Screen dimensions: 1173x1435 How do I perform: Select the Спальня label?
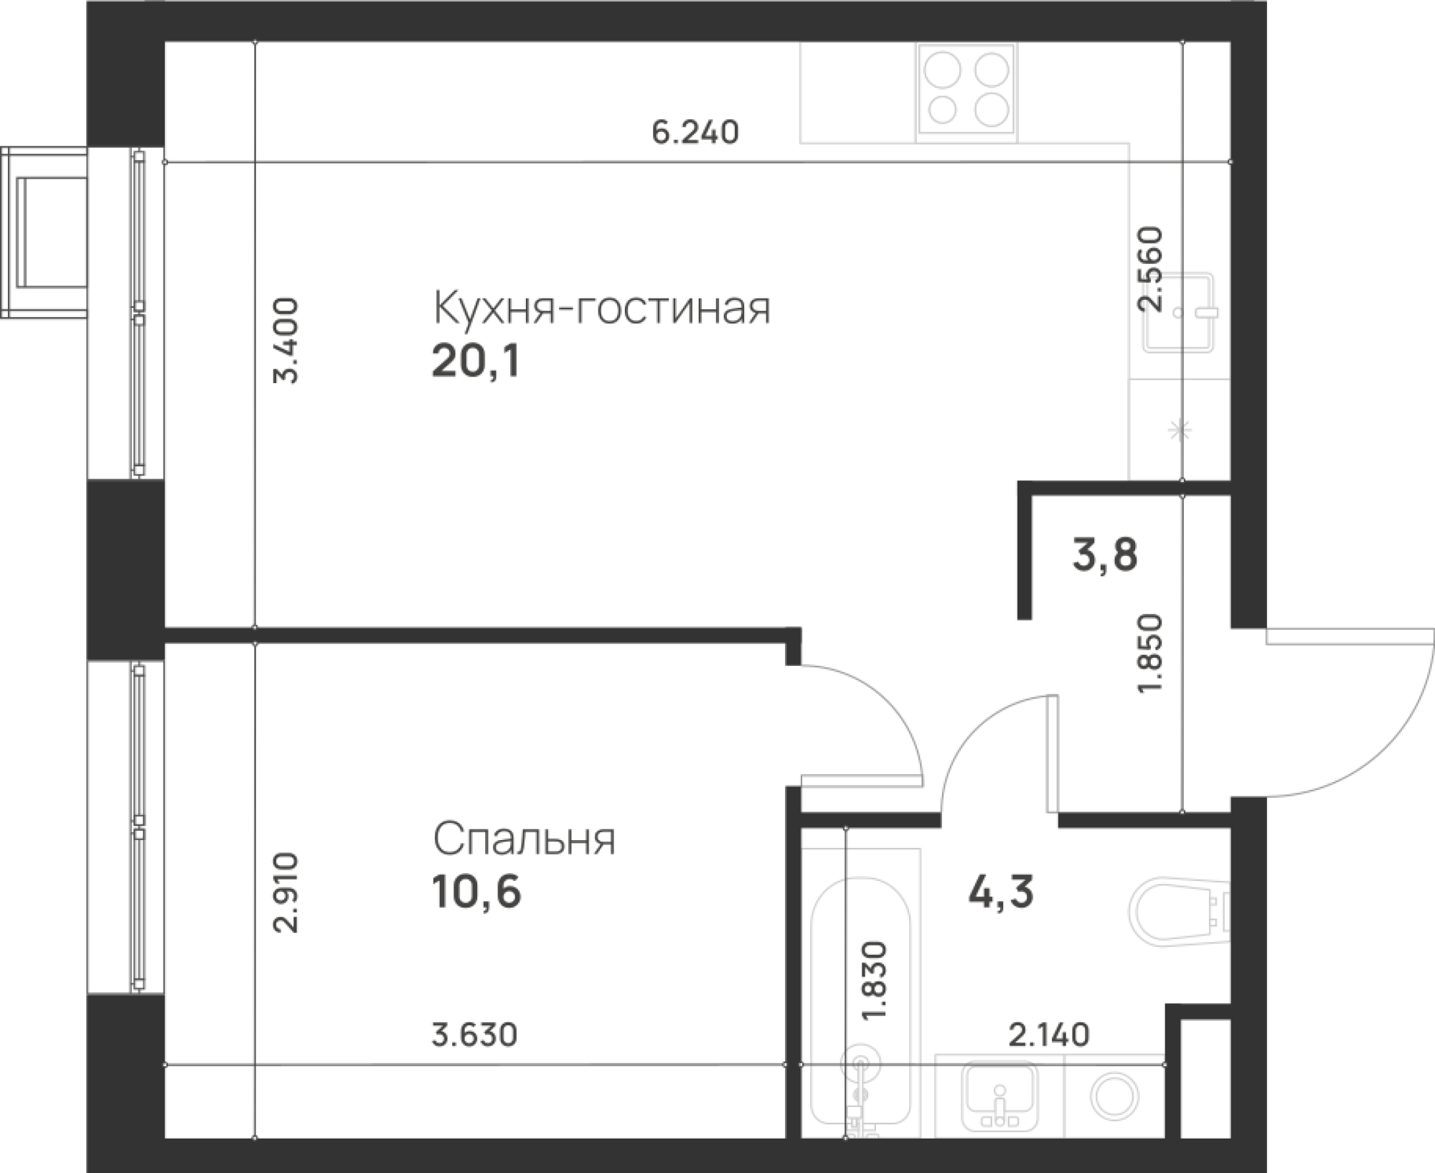(x=524, y=839)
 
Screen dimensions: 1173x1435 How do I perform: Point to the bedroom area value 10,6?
(x=476, y=892)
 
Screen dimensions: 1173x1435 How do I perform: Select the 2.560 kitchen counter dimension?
(x=1149, y=268)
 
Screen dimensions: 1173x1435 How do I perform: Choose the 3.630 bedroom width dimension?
(x=474, y=1036)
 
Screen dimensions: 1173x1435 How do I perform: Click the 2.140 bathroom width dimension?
(x=1049, y=1035)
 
